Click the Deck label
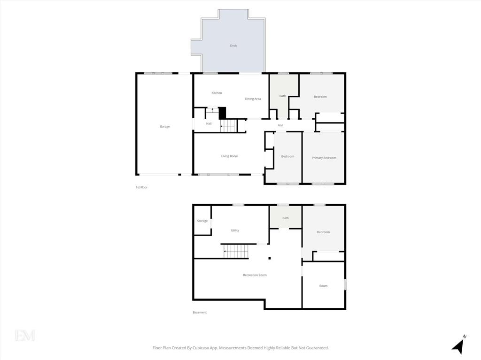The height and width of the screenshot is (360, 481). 233,46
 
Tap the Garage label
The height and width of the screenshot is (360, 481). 164,126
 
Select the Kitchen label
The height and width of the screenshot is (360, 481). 217,93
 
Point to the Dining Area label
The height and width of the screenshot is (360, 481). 253,99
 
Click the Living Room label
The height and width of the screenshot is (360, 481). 229,156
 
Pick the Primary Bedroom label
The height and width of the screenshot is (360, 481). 324,158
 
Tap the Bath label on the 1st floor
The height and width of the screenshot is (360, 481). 282,96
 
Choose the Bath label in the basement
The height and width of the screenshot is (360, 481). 286,218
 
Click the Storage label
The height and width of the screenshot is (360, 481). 202,221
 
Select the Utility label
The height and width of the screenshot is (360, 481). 235,230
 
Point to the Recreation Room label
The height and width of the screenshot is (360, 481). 255,275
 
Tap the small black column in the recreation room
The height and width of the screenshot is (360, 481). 270,258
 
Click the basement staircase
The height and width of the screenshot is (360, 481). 236,251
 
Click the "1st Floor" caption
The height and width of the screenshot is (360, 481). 141,187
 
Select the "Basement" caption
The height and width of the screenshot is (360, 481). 199,312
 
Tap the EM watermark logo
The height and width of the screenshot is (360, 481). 25,335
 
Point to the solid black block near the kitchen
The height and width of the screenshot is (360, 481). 222,113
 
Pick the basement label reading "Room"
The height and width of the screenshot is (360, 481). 323,286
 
